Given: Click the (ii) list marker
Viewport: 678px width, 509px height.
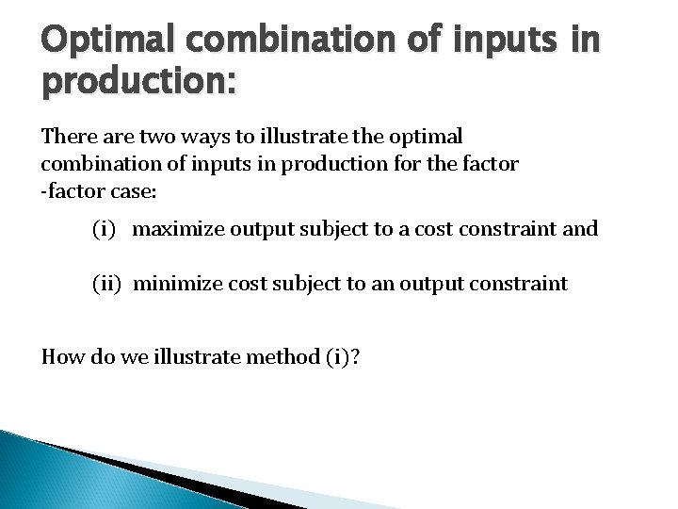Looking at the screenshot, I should click(107, 284).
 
